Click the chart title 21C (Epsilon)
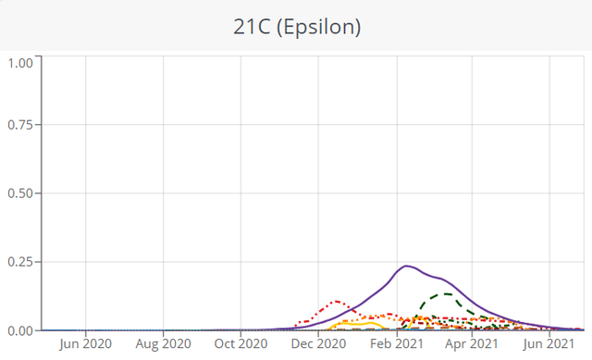[297, 27]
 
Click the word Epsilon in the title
[318, 27]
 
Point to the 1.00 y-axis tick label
[20, 63]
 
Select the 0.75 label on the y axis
[20, 125]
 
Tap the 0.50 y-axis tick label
[20, 193]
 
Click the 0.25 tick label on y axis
[20, 262]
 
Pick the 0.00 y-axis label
[20, 330]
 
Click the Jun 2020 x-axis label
[86, 343]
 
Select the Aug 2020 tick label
[164, 343]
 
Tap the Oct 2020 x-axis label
[240, 343]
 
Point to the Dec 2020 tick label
[318, 343]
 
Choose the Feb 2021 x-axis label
[397, 343]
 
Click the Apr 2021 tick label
[472, 343]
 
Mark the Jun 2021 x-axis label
[549, 343]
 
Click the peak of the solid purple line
[406, 267]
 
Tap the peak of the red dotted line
[336, 302]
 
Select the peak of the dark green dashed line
[446, 294]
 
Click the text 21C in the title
[252, 27]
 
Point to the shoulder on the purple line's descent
[441, 279]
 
